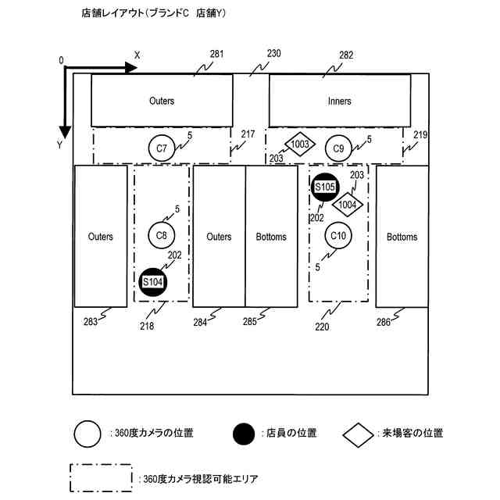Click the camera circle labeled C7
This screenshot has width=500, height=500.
(162, 148)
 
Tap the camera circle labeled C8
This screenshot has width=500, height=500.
(162, 234)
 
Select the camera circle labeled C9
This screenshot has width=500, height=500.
(339, 148)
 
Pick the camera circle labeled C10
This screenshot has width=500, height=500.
(339, 234)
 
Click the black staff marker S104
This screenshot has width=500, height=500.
(153, 282)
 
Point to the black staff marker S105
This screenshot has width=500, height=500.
(325, 187)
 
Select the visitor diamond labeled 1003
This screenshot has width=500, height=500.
(301, 145)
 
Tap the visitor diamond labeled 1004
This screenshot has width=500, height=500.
(348, 205)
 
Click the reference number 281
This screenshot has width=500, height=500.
(216, 55)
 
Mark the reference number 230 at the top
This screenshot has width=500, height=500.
(273, 55)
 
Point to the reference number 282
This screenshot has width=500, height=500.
(346, 55)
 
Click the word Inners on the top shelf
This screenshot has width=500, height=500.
(339, 102)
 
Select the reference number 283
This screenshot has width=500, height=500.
(91, 320)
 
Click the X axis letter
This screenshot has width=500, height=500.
(137, 55)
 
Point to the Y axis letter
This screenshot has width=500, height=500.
(59, 145)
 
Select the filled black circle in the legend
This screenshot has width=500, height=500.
(244, 434)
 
